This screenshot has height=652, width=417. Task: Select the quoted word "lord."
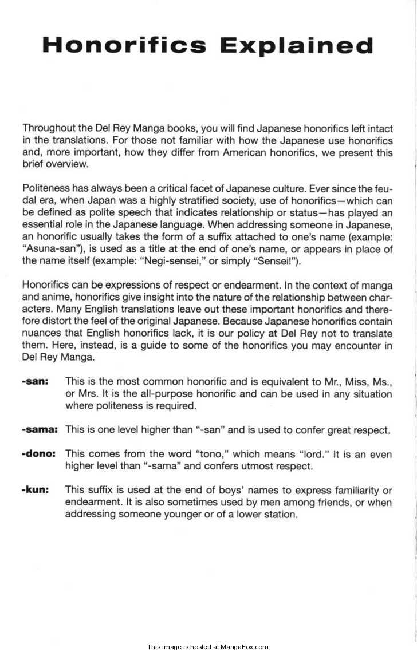(x=316, y=454)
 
